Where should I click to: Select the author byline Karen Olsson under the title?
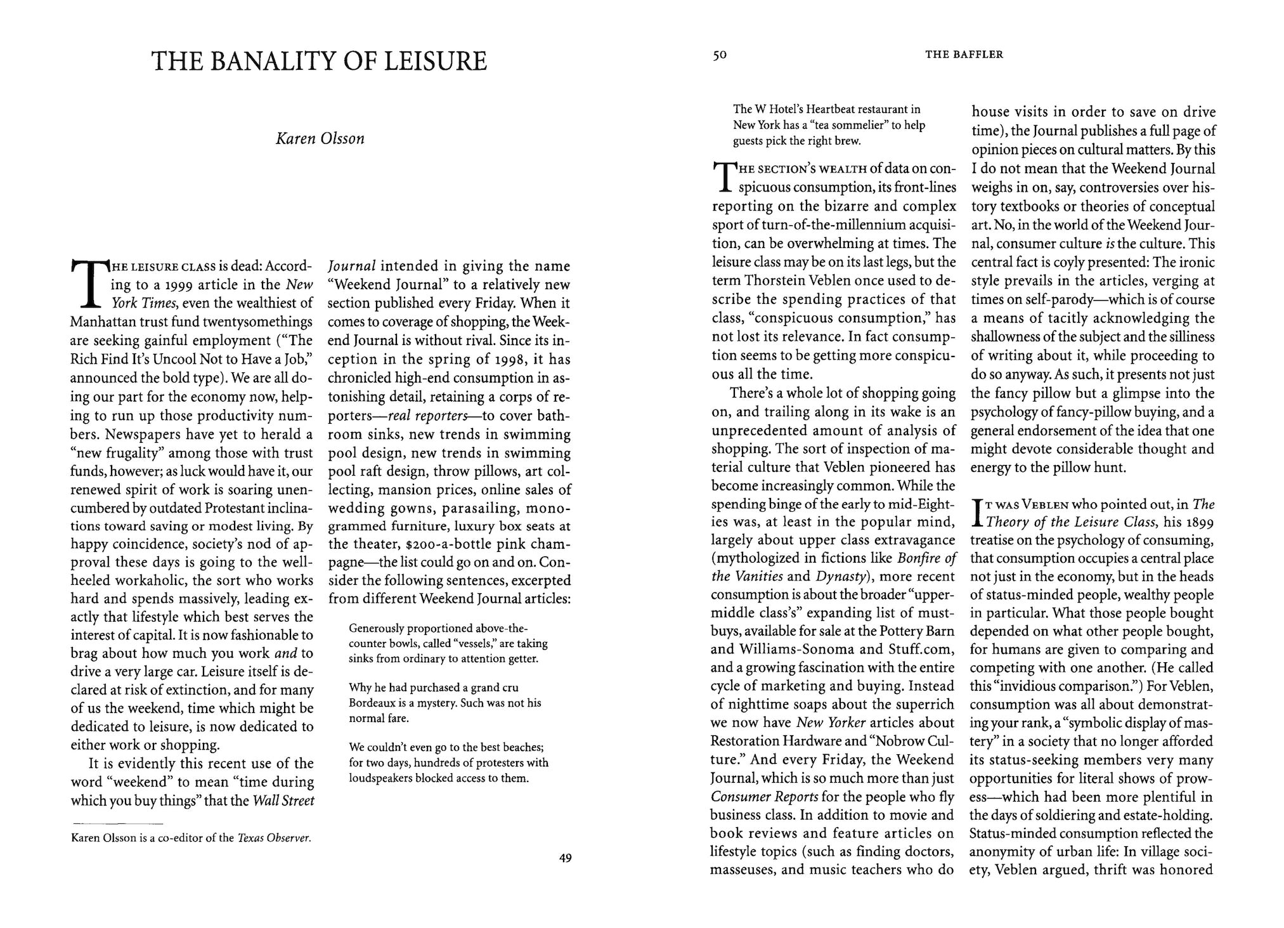click(320, 139)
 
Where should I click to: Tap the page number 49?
click(566, 859)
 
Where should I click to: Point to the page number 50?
click(719, 55)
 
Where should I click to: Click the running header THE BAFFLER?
click(964, 55)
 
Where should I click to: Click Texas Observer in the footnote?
click(274, 839)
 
